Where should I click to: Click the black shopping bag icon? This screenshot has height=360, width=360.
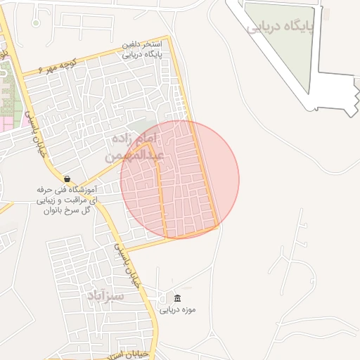pos(67,179)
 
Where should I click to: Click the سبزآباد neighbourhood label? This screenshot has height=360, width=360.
pos(106,295)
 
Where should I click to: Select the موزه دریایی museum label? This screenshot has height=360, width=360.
pos(177,310)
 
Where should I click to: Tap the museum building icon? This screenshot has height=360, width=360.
pos(176,298)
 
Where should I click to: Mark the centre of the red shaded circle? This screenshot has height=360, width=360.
pos(180,179)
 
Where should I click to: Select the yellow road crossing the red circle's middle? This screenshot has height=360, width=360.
pos(163,197)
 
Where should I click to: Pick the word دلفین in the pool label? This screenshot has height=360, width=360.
pos(133,44)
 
